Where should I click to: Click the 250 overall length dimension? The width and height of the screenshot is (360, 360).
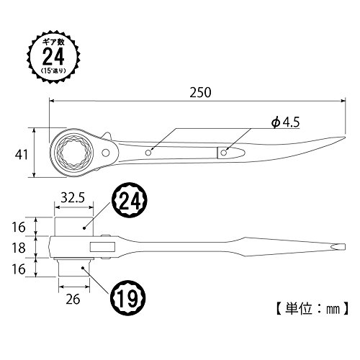(200, 92)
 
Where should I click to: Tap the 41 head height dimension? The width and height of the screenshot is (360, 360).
(22, 155)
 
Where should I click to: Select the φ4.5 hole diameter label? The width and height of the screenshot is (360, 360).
(285, 122)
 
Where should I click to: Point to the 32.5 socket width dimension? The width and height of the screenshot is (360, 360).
(73, 197)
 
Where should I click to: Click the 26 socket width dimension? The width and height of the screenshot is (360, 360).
(73, 300)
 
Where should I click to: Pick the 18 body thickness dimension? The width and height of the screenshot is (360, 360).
(19, 248)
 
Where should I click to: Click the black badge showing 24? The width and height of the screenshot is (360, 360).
(130, 201)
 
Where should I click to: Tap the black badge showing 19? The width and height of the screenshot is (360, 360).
(128, 298)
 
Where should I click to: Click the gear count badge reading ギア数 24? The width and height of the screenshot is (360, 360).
(53, 57)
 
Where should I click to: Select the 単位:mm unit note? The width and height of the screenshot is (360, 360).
(312, 308)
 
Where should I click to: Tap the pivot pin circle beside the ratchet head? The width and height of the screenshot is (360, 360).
(106, 153)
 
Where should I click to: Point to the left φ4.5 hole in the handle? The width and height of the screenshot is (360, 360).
(148, 153)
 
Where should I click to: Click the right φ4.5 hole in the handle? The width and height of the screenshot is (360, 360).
(224, 153)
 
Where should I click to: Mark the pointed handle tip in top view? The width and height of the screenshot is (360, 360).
(345, 138)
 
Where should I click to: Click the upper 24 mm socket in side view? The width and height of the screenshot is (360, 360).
(73, 227)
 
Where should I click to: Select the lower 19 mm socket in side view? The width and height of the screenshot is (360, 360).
(74, 267)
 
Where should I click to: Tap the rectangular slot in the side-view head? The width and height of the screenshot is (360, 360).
(102, 247)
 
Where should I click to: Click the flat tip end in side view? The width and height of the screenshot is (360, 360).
(345, 247)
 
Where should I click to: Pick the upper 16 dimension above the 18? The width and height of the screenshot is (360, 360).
(19, 228)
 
